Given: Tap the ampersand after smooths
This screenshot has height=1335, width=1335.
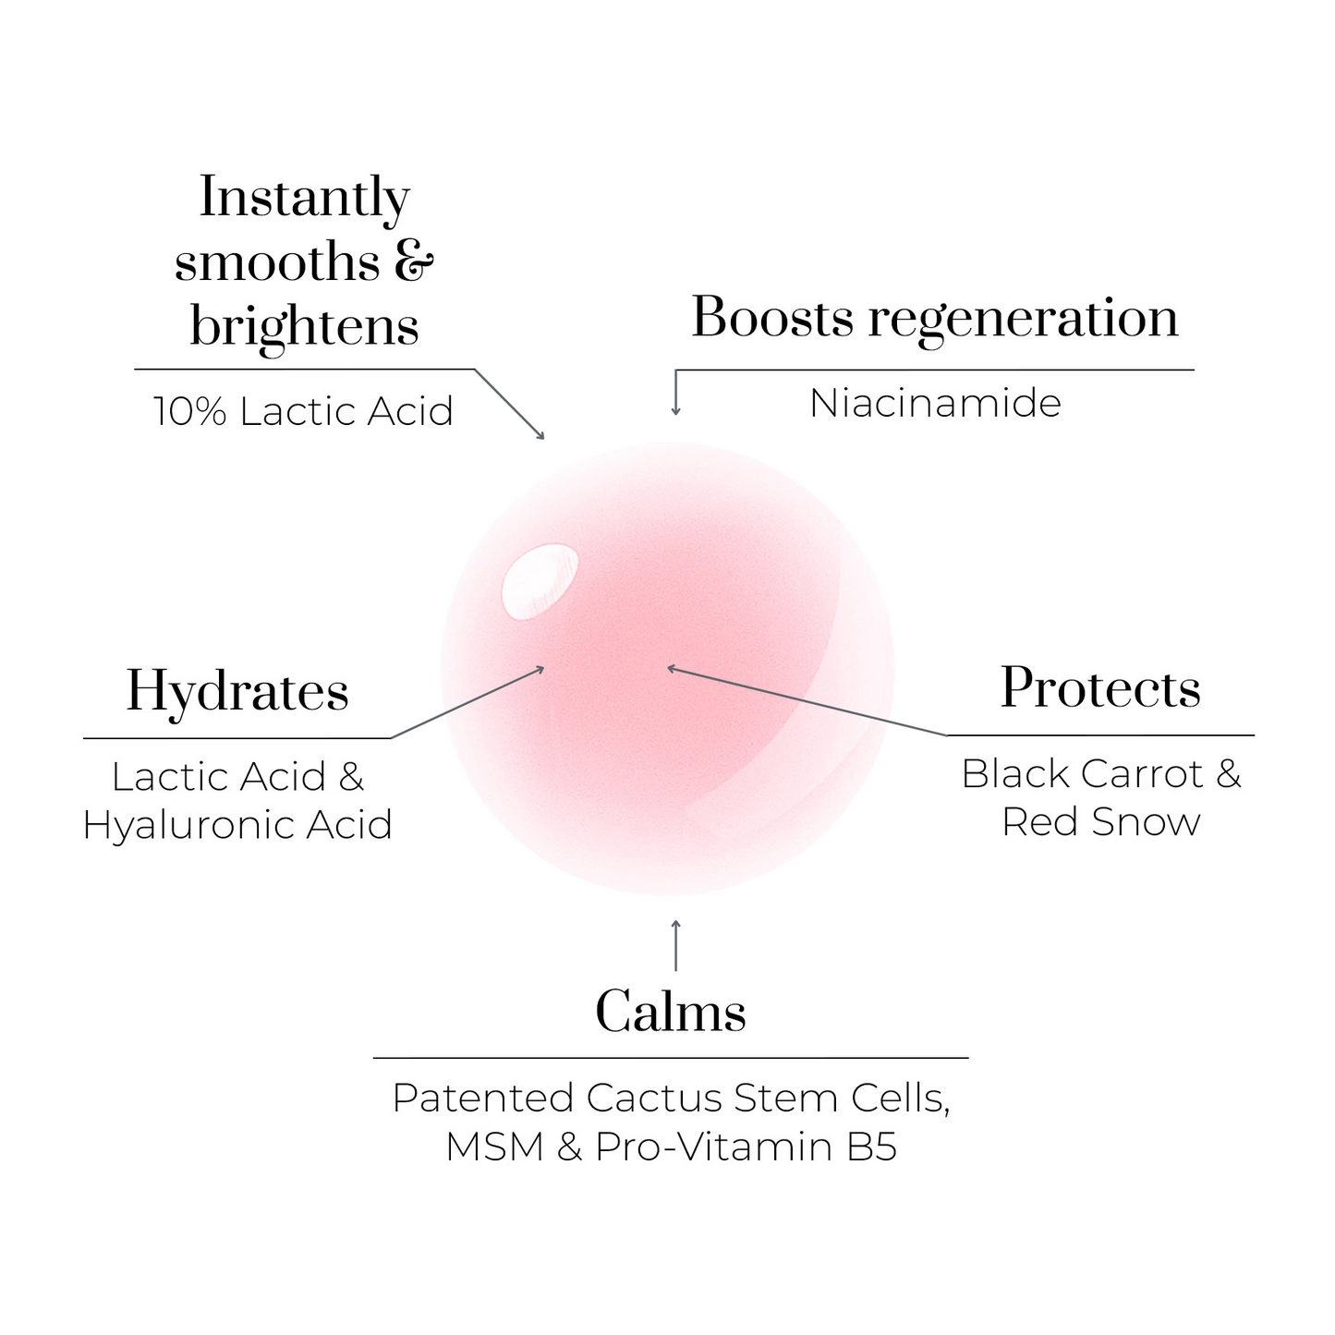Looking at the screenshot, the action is point(414,261).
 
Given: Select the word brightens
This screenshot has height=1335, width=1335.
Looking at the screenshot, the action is point(305,327).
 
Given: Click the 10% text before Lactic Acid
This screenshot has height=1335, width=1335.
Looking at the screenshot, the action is point(189,411).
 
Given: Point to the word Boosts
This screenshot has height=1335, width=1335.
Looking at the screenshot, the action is point(772,318).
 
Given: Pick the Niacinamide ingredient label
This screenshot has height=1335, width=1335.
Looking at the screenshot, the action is point(935,403).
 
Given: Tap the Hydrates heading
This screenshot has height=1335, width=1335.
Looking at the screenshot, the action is point(237,693).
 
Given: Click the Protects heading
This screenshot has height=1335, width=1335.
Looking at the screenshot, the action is point(1100,688).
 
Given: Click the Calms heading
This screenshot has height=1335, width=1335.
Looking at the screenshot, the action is point(670,1012).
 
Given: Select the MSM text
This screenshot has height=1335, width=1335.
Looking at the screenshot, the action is point(494,1147).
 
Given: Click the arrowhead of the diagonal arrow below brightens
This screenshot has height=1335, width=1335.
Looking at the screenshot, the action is point(540,436).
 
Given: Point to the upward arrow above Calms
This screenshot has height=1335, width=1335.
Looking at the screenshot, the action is point(675,945).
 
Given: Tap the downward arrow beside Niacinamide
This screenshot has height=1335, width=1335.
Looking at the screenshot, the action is point(676,393).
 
